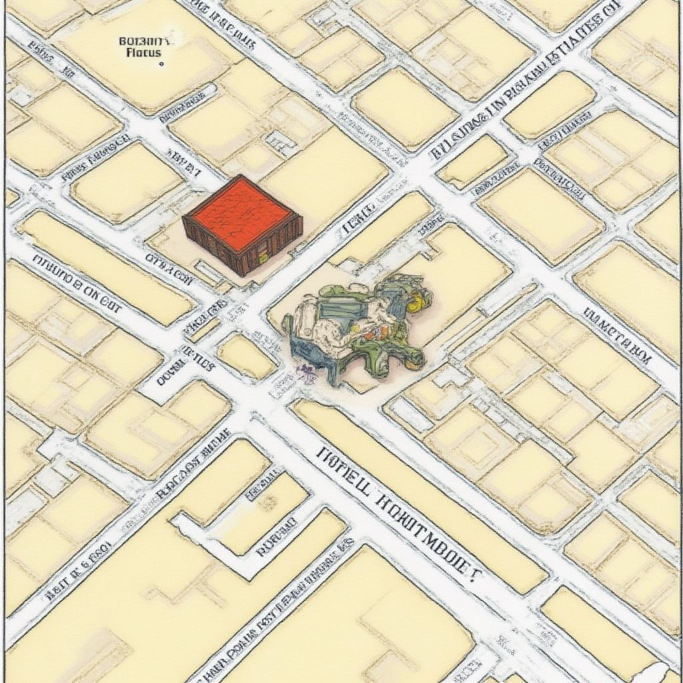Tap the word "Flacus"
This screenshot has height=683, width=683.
(143, 52)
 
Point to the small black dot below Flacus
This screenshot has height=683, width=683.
(161, 65)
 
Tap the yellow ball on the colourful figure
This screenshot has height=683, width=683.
(414, 304)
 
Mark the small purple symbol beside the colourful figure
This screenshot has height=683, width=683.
(307, 372)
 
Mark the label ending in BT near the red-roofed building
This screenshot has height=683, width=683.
(183, 163)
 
